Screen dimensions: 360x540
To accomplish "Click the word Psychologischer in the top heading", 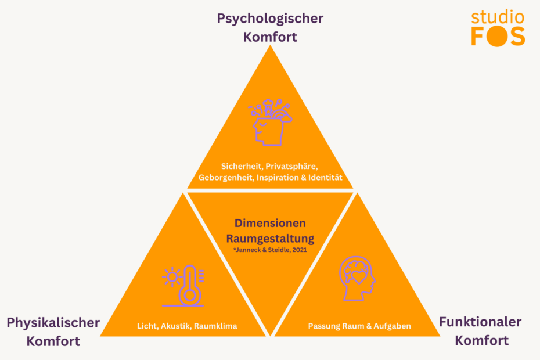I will [270, 18].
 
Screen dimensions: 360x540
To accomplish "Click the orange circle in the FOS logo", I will [497, 37].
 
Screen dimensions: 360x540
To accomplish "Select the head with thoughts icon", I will [269, 123].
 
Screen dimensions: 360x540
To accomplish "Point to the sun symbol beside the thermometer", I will [172, 277].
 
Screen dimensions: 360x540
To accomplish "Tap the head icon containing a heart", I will [357, 278].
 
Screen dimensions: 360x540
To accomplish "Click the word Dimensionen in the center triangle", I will [270, 223].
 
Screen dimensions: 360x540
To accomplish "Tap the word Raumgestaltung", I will [270, 238].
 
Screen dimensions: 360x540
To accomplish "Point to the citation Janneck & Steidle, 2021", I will [272, 250].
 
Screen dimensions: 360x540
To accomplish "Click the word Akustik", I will [175, 326].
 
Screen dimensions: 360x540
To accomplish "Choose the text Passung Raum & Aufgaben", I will [359, 326].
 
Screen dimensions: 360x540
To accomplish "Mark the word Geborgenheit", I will [225, 177].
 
